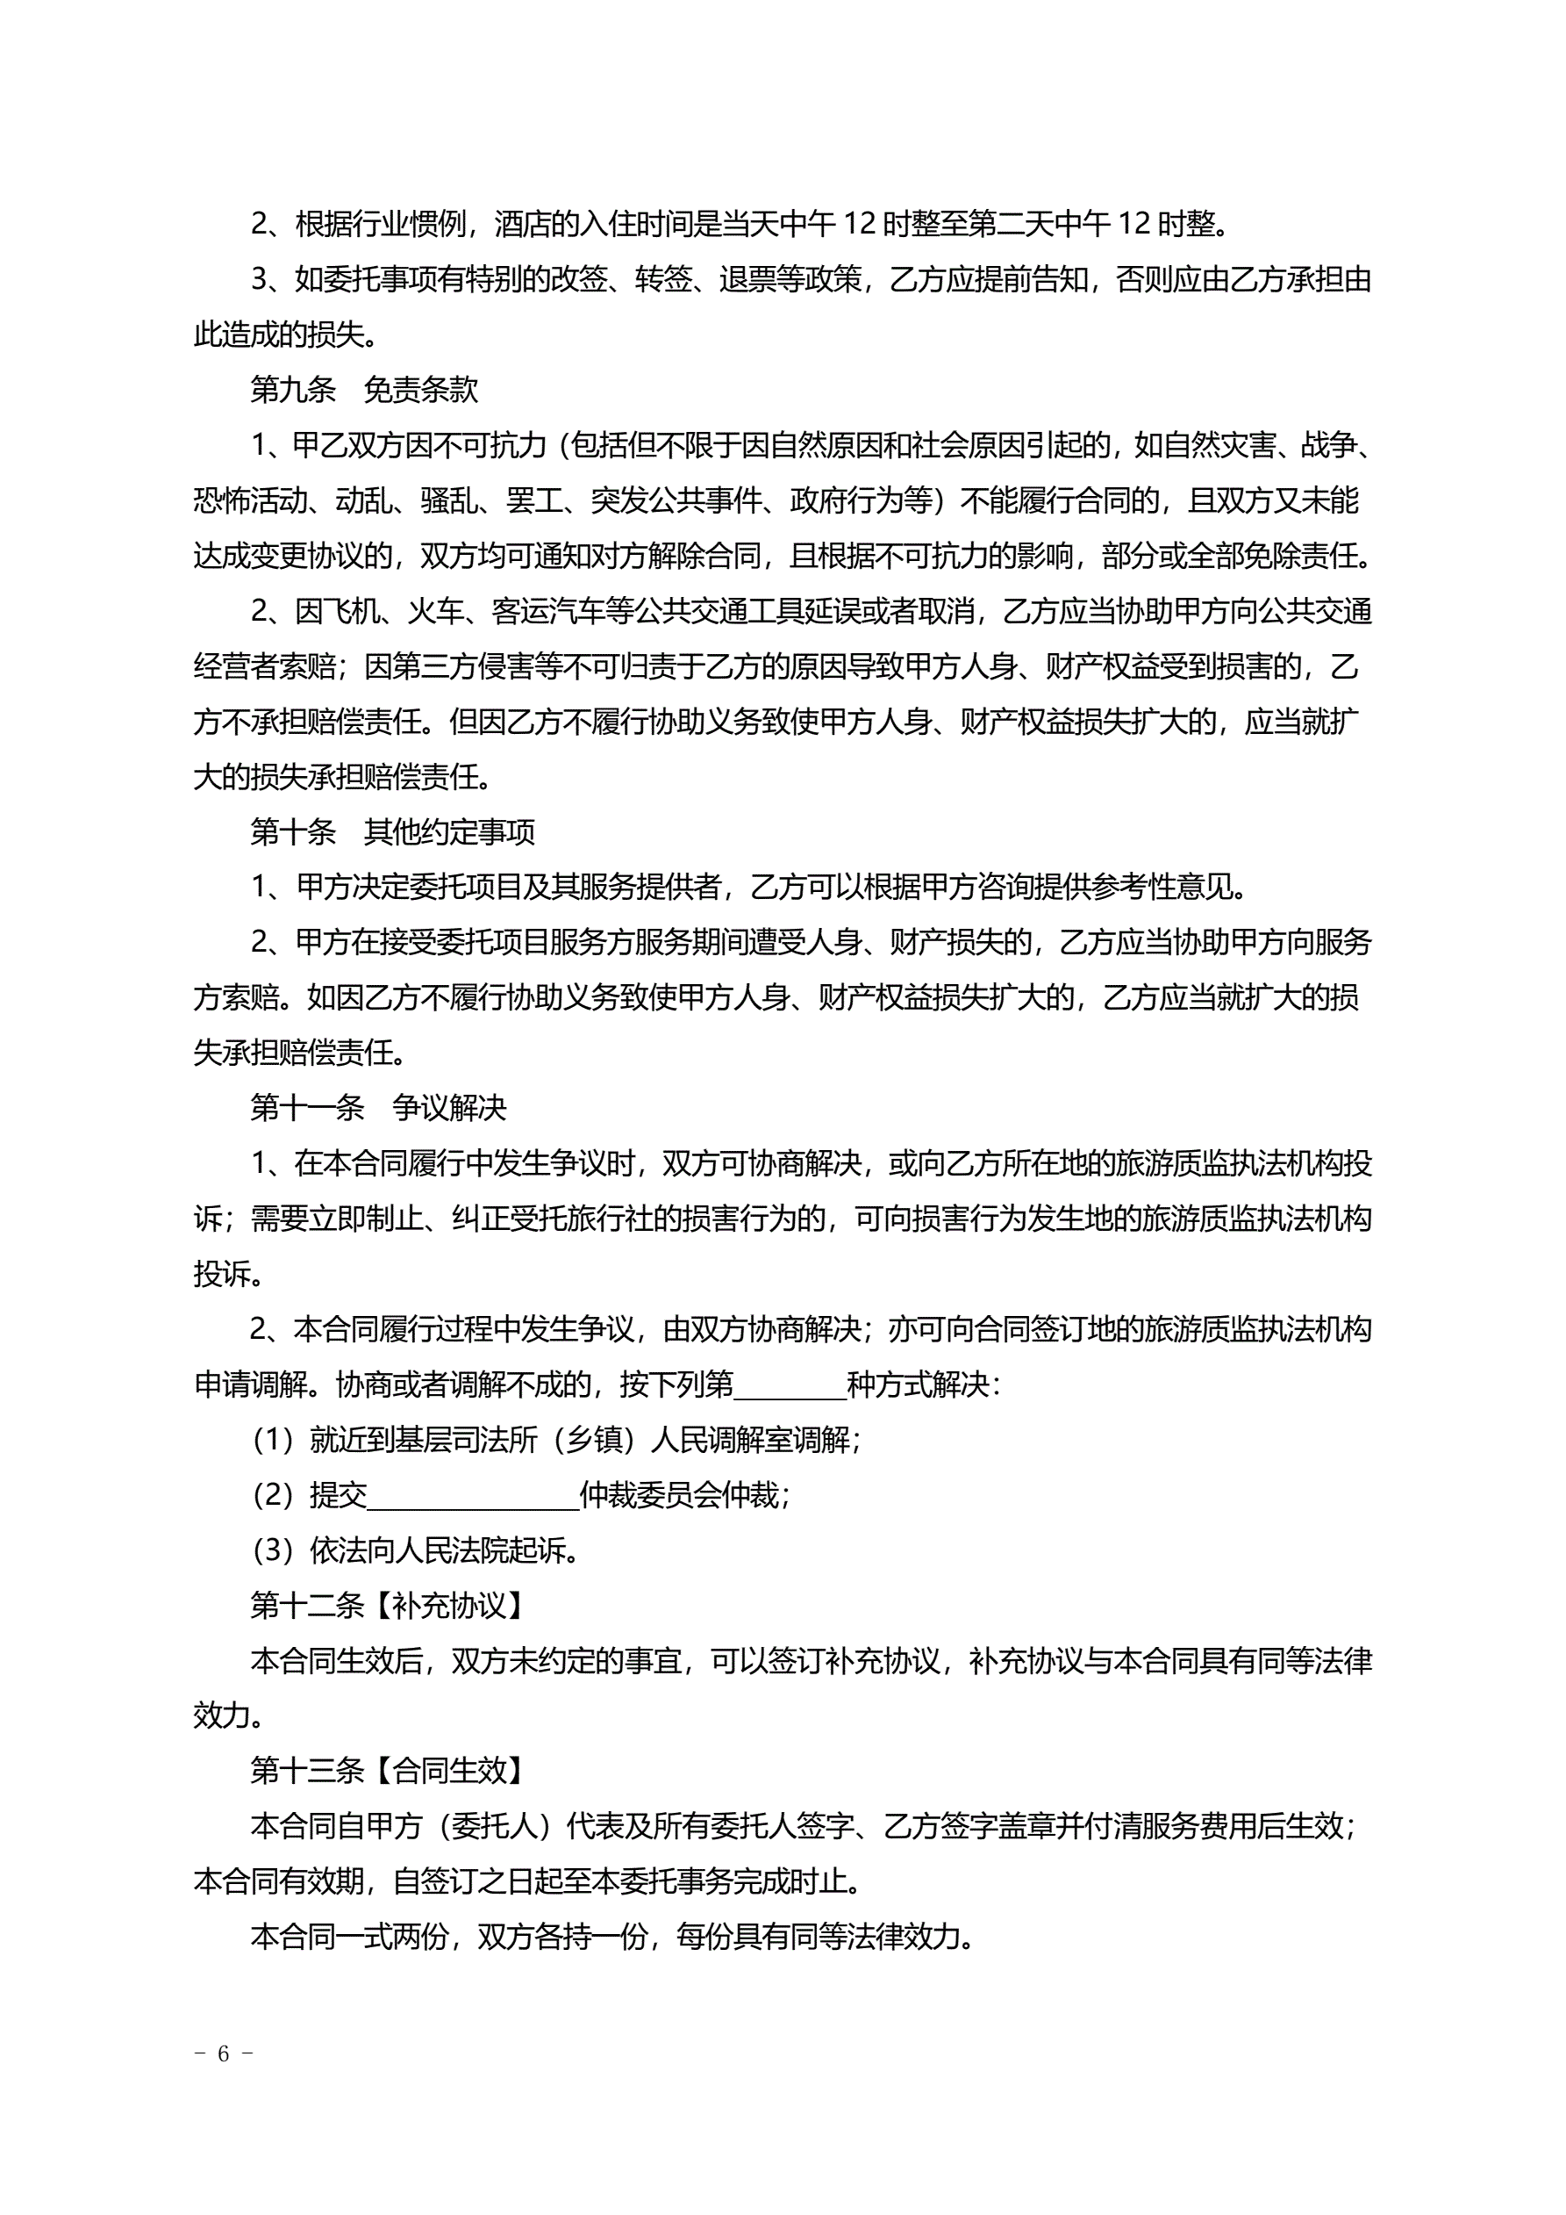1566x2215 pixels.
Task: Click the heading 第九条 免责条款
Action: coord(363,390)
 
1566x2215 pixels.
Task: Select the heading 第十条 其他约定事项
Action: coord(391,831)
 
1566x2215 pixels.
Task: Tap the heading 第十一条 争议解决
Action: coord(378,1108)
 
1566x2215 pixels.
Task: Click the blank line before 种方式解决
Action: coord(789,1385)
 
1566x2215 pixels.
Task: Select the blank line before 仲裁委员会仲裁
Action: coord(473,1495)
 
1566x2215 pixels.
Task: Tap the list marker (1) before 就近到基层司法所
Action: coord(272,1441)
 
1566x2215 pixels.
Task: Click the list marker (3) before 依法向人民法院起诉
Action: coord(272,1550)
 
